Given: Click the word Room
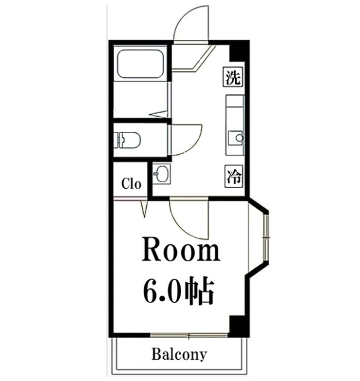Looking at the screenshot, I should tap(180, 250).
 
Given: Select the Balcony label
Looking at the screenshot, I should tap(179, 354).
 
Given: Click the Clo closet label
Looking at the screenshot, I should tap(131, 184).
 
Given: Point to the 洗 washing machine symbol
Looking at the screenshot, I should tap(234, 77).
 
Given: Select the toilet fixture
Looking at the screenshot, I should tap(129, 140).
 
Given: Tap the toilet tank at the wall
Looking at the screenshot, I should tap(117, 140).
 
